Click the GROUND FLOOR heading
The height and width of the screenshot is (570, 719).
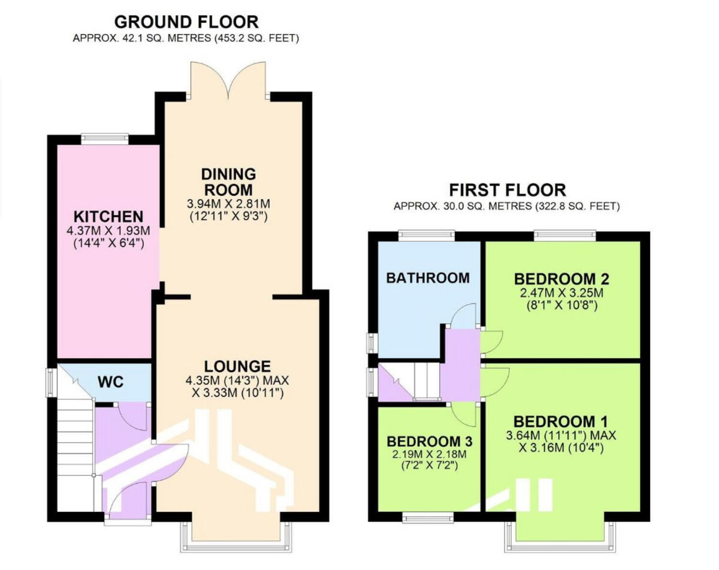click(186, 22)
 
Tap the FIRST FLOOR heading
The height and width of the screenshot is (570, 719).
click(507, 190)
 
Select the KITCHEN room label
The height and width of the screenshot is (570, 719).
click(108, 216)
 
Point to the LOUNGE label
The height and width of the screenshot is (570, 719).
click(237, 366)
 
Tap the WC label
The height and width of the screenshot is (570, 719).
click(111, 381)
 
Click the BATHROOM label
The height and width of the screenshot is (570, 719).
click(427, 278)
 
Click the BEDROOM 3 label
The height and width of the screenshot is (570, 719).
click(430, 441)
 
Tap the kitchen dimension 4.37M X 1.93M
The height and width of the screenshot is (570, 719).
click(108, 231)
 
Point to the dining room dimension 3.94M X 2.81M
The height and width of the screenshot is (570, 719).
click(228, 204)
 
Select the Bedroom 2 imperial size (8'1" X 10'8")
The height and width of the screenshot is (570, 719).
click(561, 305)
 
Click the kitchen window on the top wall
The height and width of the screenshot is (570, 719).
click(105, 138)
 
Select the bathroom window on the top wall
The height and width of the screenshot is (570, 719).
click(427, 235)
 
